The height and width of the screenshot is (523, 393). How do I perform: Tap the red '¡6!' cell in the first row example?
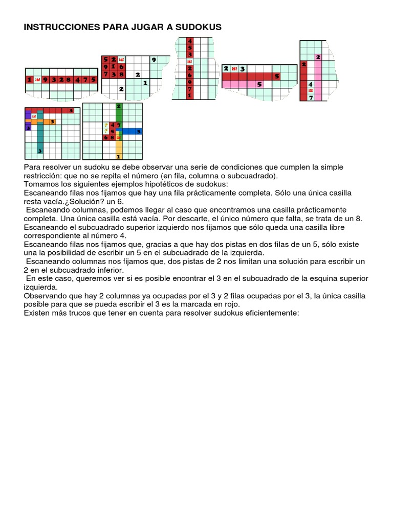pos(37,79)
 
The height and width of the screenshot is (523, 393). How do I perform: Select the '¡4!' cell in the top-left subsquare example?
pos(121,59)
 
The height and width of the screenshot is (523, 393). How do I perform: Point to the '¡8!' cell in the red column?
pos(189,61)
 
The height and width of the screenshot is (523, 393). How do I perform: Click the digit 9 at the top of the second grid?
pos(152,59)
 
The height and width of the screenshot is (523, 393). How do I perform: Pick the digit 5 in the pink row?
pos(259,84)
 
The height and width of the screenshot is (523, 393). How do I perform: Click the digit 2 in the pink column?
pos(318,57)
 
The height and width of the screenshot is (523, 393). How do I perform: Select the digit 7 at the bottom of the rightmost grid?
pos(311,97)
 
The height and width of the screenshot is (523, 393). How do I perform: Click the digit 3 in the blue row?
pos(138,131)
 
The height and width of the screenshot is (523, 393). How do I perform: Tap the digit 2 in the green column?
pos(119,106)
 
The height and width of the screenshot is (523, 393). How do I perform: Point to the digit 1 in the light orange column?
pos(119,156)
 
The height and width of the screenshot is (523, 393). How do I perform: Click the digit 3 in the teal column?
pos(39,151)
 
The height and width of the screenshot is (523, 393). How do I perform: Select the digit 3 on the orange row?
pos(52,121)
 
